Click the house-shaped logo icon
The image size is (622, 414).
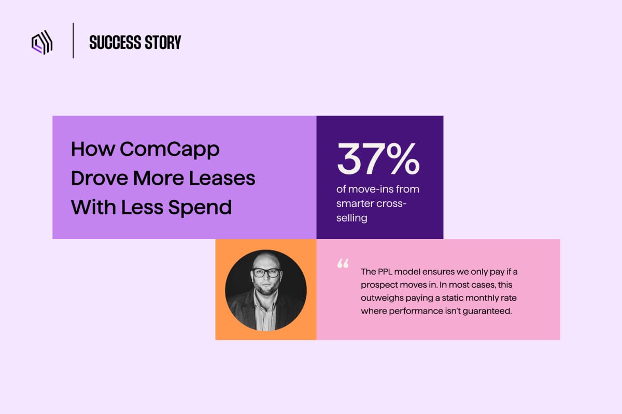[42, 42]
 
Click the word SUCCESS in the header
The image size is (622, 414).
[115, 42]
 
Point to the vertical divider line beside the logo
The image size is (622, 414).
[73, 40]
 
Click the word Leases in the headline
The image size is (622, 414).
[222, 178]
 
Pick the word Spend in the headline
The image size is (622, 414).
[200, 208]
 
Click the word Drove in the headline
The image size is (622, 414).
[100, 178]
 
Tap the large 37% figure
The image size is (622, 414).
[378, 159]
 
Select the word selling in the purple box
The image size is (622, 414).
[352, 218]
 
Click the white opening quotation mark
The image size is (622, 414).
[343, 263]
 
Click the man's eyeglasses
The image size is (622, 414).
[266, 273]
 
